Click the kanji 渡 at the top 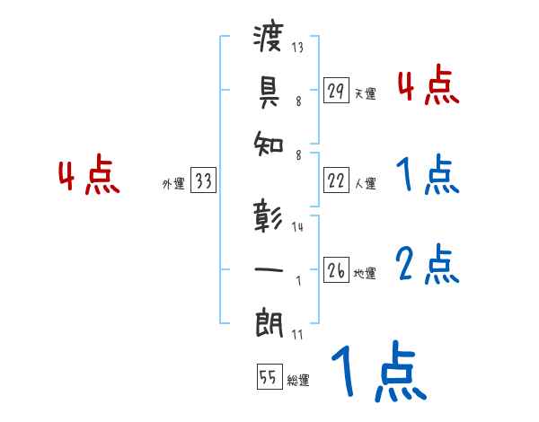pos(269,39)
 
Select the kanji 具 pos(269,89)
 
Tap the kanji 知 pos(269,140)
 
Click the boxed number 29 pos(336,91)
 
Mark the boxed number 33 pos(203,182)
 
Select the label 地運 pos(365,274)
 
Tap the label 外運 pos(173,184)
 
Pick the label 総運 pos(298,380)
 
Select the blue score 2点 pos(427,264)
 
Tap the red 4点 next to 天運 pos(427,86)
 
